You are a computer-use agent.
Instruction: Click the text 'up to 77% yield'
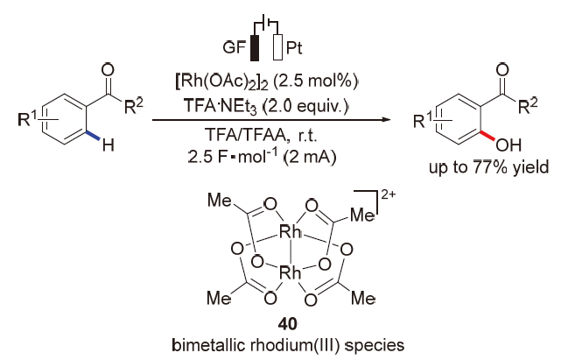(480, 167)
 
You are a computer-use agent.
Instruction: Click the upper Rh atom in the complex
(291, 233)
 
